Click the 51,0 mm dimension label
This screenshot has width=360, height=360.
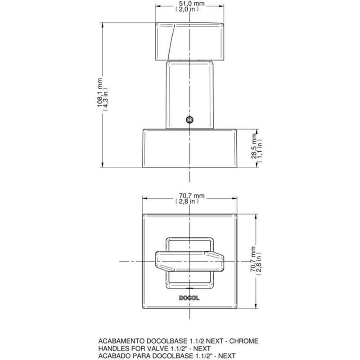(189, 3)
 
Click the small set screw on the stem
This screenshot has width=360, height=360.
(189, 119)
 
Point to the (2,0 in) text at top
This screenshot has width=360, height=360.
(189, 9)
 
